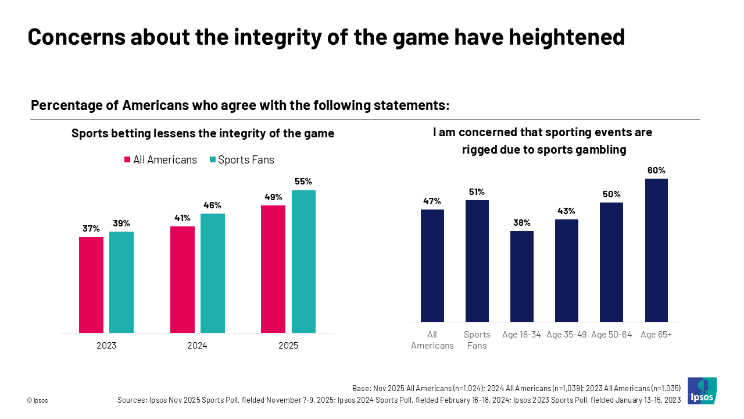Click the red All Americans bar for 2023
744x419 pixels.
tap(91, 285)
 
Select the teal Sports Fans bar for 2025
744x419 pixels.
tap(303, 261)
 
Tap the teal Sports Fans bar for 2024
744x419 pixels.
tap(213, 273)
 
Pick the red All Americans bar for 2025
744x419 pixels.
tap(273, 269)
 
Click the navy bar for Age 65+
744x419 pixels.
tap(656, 250)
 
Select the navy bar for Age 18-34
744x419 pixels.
tap(522, 276)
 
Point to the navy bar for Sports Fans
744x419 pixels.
tap(477, 261)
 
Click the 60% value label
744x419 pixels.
tap(656, 171)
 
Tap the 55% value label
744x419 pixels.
tap(303, 182)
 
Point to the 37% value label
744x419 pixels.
tap(91, 229)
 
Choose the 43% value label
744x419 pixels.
tap(567, 211)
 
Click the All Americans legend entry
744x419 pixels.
tap(160, 160)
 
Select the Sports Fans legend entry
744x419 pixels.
tap(241, 160)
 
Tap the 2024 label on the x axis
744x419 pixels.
tap(197, 346)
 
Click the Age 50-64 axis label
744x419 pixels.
tap(611, 335)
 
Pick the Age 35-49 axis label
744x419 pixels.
tap(567, 335)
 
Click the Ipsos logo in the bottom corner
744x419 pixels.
tap(702, 390)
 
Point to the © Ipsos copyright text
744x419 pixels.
tap(37, 400)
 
